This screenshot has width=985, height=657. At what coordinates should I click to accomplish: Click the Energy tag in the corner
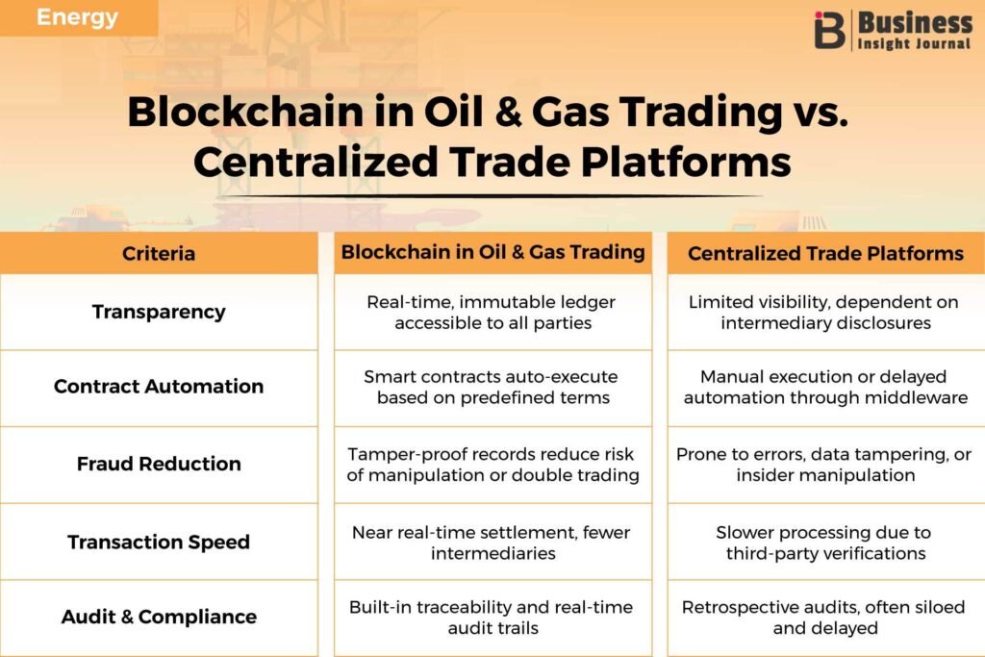point(77,17)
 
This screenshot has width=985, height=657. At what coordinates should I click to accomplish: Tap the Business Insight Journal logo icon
point(829,30)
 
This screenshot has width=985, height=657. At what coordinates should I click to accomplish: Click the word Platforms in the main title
point(685,162)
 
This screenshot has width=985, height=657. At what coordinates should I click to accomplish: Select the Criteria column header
point(159,253)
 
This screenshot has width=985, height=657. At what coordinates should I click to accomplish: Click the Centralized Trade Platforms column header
point(825,253)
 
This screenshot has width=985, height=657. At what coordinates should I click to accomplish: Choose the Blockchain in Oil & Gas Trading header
point(493,252)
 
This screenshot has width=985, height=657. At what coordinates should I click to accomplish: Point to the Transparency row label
point(159,312)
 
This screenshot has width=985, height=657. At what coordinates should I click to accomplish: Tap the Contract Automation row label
point(159,386)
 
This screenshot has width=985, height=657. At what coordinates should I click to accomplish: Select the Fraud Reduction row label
point(159,464)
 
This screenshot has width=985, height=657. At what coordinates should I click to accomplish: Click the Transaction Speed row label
point(159,542)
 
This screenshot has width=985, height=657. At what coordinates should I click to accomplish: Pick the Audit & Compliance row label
point(159,617)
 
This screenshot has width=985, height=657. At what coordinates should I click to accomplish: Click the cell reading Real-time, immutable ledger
point(493,313)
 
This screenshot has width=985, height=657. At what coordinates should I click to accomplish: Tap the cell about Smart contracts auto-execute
point(493,387)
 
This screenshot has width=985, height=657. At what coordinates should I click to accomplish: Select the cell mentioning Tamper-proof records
point(493,465)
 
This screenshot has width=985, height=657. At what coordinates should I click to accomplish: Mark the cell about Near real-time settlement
point(493,543)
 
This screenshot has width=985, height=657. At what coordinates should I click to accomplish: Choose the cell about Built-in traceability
point(493,618)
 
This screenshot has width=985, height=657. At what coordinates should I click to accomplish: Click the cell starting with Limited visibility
point(824,313)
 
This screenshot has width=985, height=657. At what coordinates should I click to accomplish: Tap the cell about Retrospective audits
point(824,618)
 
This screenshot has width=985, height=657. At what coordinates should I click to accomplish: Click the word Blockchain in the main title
point(245,112)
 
